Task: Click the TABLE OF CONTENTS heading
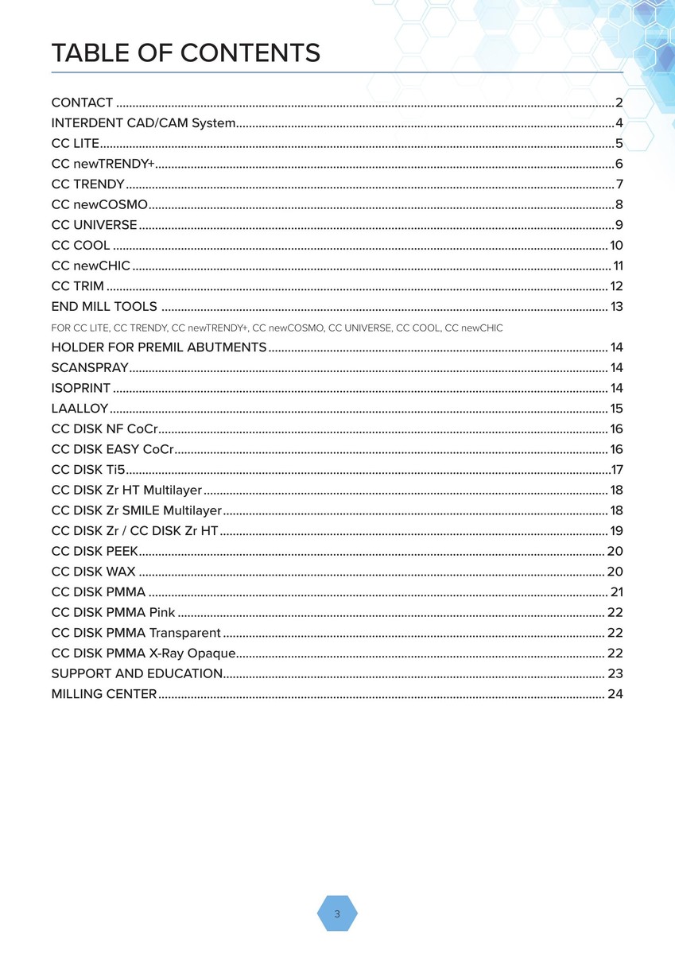pyautogui.click(x=185, y=53)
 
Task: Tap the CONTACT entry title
pyautogui.click(x=82, y=103)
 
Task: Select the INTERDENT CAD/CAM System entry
pyautogui.click(x=143, y=123)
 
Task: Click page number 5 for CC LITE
pyautogui.click(x=619, y=144)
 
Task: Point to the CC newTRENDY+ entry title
pyautogui.click(x=103, y=164)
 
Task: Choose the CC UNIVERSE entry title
pyautogui.click(x=94, y=225)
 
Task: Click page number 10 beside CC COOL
pyautogui.click(x=616, y=246)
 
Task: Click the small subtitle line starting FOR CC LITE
pyautogui.click(x=277, y=328)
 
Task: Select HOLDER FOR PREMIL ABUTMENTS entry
pyautogui.click(x=158, y=347)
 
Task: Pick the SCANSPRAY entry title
pyautogui.click(x=90, y=368)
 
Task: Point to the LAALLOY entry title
pyautogui.click(x=80, y=409)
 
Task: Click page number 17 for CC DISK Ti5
pyautogui.click(x=616, y=470)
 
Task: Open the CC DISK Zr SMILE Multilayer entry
pyautogui.click(x=136, y=510)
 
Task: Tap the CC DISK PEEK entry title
pyautogui.click(x=95, y=551)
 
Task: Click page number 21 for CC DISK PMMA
pyautogui.click(x=616, y=592)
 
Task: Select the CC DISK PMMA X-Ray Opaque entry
pyautogui.click(x=143, y=653)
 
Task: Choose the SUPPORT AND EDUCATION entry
pyautogui.click(x=137, y=673)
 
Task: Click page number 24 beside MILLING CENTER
pyautogui.click(x=615, y=694)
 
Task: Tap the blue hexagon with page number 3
pyautogui.click(x=337, y=913)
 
